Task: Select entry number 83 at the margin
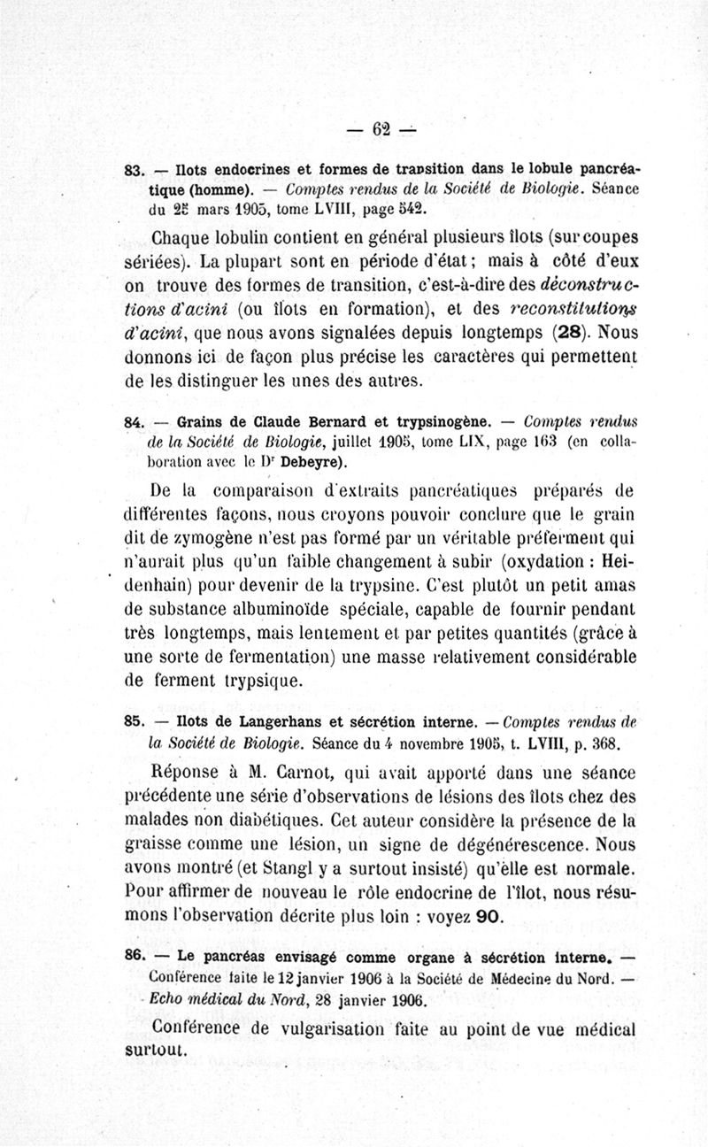(x=135, y=168)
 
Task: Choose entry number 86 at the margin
(x=135, y=957)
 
